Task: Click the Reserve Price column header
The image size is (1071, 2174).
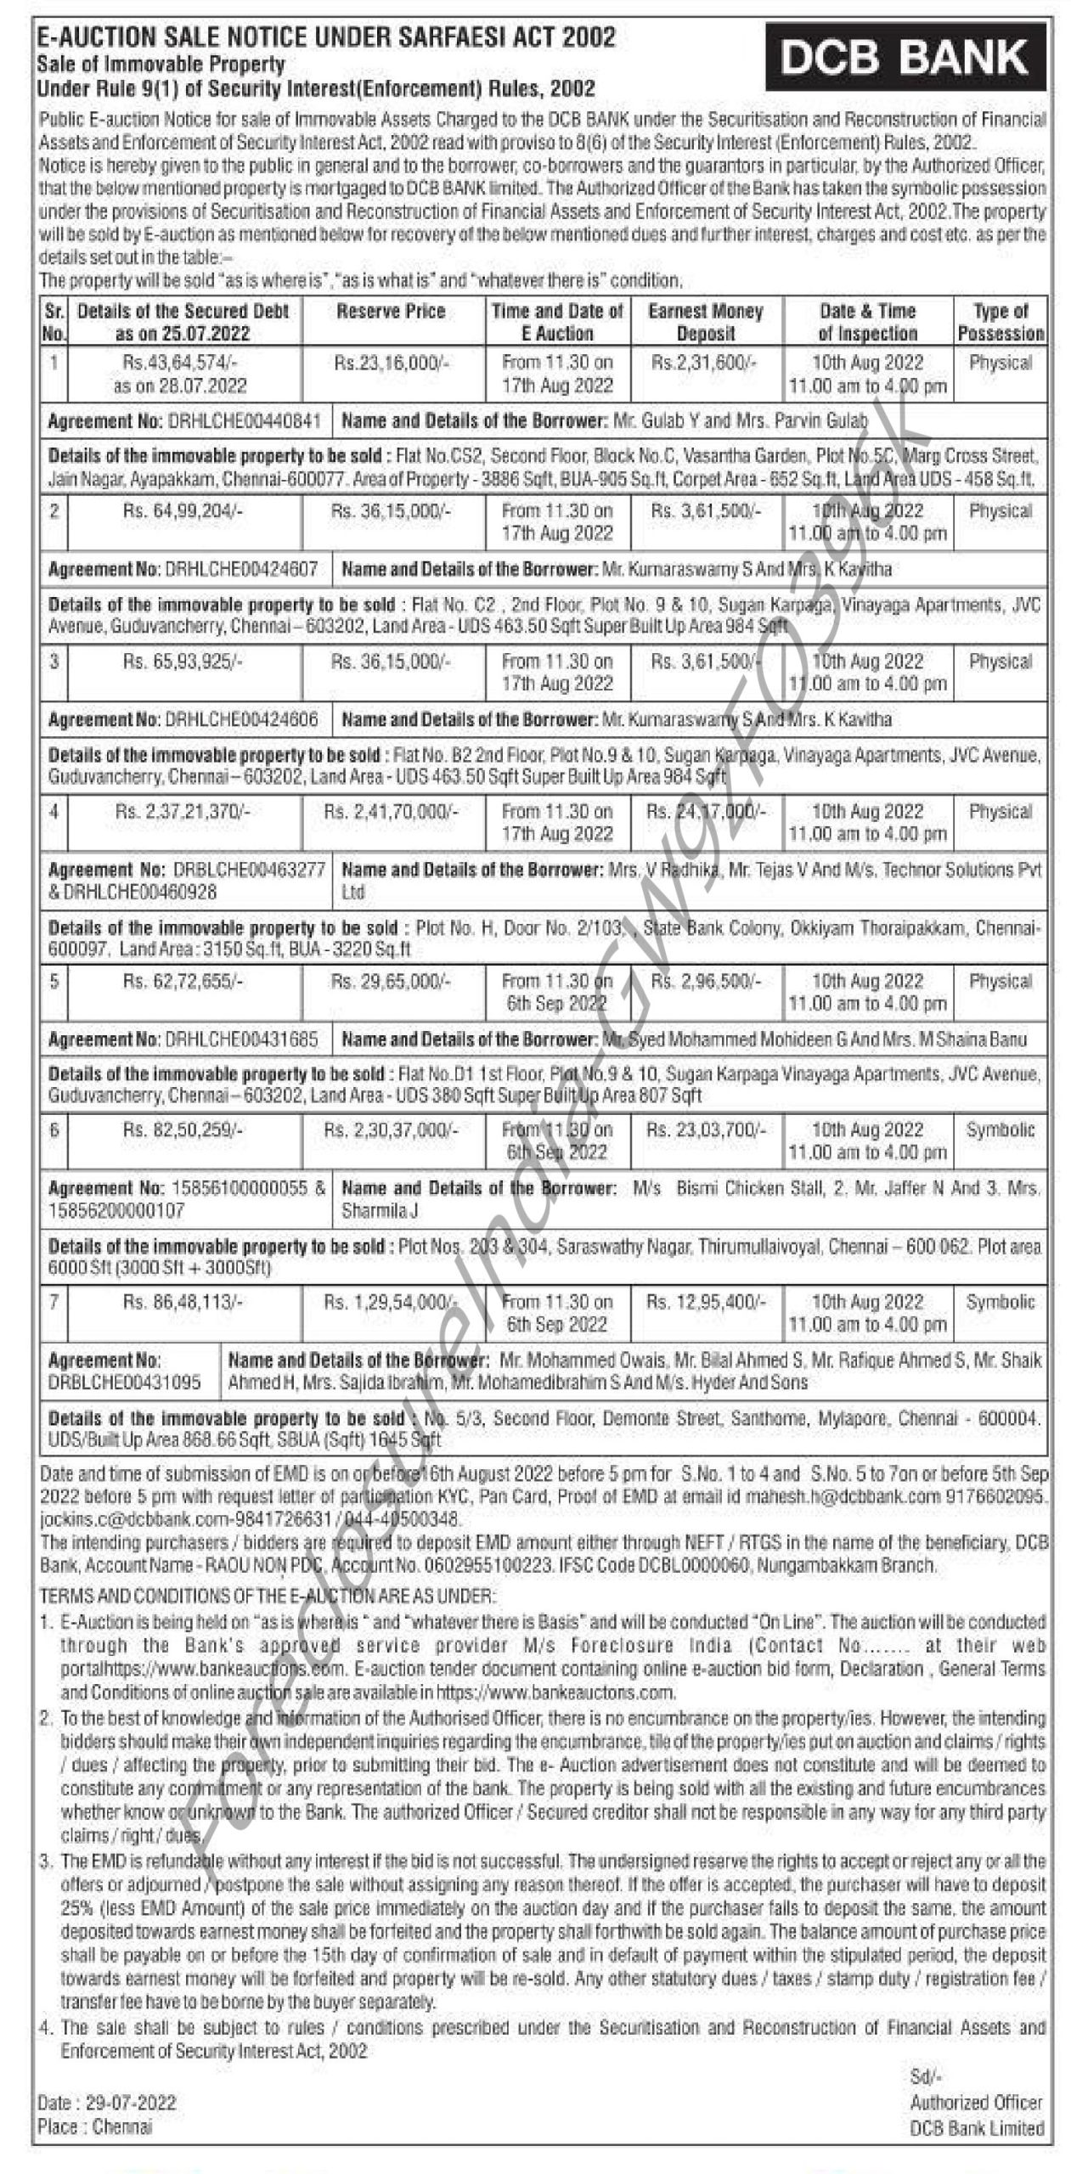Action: tap(391, 312)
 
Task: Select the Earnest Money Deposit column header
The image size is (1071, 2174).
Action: tap(705, 322)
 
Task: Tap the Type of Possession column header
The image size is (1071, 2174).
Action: tap(1001, 322)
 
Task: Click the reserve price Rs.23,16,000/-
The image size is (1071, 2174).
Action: tap(391, 363)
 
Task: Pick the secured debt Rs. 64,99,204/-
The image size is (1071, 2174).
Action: tap(183, 511)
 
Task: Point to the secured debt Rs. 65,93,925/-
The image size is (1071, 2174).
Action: tap(183, 662)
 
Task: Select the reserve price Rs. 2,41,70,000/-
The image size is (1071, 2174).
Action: tap(391, 812)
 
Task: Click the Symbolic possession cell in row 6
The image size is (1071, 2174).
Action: tap(1001, 1130)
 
